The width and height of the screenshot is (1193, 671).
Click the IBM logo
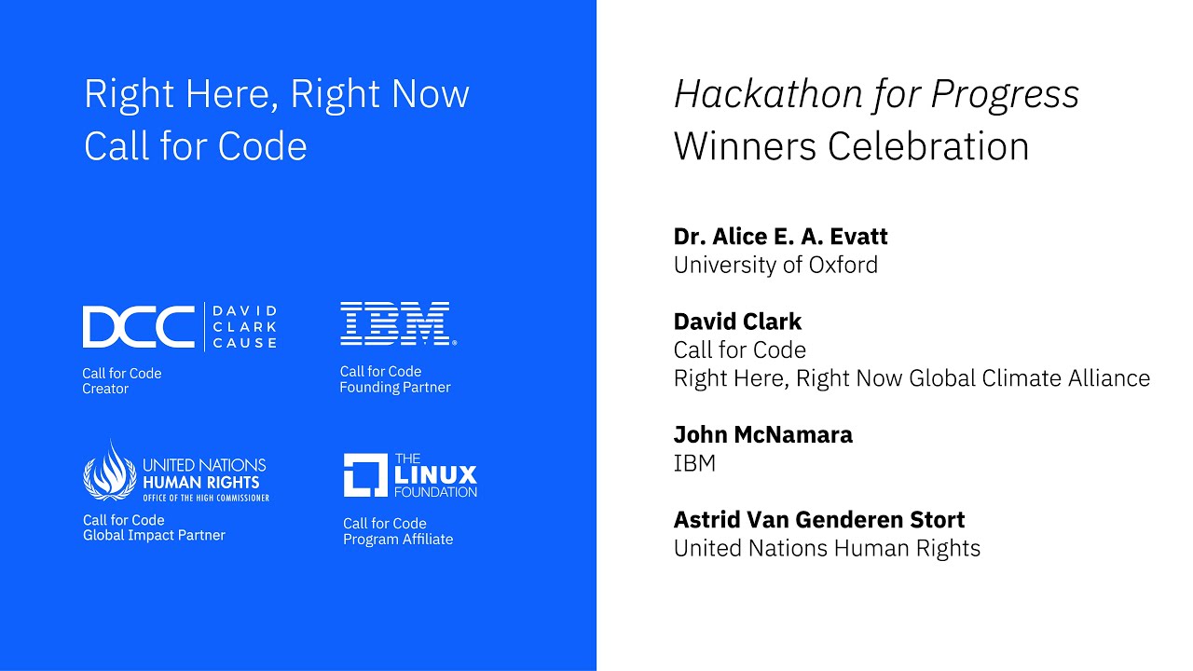(x=396, y=323)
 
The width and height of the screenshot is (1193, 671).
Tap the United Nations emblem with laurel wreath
(x=110, y=472)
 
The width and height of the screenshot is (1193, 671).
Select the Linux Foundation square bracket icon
(x=365, y=475)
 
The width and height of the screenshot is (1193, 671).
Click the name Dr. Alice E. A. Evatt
(x=780, y=236)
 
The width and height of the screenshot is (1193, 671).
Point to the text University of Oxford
(x=775, y=265)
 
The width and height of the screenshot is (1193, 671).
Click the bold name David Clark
(x=737, y=322)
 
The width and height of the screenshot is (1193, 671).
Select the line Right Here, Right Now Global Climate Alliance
(x=912, y=378)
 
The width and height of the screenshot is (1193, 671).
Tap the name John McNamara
(x=762, y=434)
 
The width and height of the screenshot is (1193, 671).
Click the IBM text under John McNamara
(x=694, y=463)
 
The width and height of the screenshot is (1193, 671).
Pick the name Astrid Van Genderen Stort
(x=819, y=519)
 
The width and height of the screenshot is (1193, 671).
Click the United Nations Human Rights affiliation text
(x=827, y=548)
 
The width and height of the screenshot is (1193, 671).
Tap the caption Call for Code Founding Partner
(x=394, y=379)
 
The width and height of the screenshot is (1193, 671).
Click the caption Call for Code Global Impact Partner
(x=154, y=527)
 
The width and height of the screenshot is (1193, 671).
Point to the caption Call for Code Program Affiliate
(x=397, y=531)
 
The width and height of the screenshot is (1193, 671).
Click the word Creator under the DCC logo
(x=105, y=390)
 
